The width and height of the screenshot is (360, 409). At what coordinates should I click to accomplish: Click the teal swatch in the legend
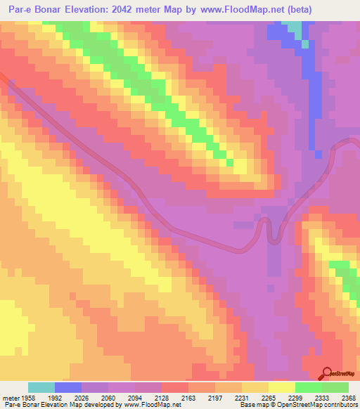pyautogui.click(x=41, y=387)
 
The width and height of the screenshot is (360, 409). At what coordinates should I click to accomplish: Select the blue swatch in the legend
pyautogui.click(x=68, y=387)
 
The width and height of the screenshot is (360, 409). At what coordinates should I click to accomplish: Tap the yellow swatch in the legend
pyautogui.click(x=281, y=387)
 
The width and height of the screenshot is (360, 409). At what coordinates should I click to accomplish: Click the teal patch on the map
pyautogui.click(x=298, y=31)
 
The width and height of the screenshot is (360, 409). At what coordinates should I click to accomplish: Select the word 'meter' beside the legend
pyautogui.click(x=10, y=397)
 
